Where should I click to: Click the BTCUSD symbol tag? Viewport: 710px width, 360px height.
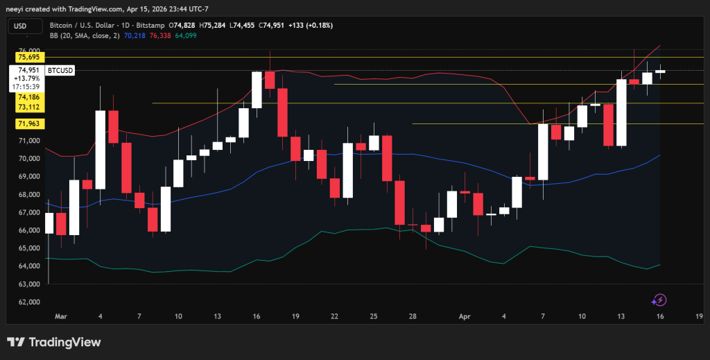point(60,70)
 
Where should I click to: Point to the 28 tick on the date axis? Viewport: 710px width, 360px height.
point(412,316)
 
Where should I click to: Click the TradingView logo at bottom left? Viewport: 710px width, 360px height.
point(54,342)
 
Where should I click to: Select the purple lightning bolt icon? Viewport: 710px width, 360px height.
point(659,300)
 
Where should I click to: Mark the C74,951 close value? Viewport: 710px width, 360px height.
point(277,26)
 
